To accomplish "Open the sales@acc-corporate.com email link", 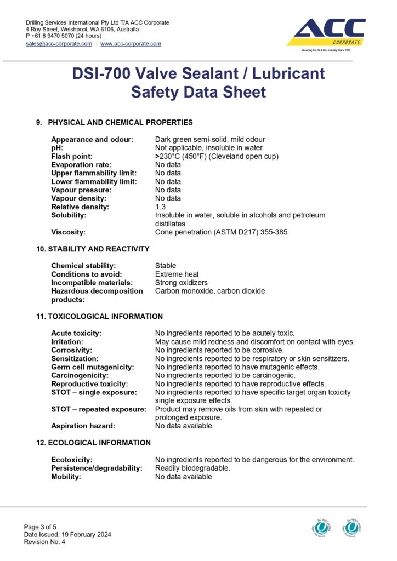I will click(x=59, y=44).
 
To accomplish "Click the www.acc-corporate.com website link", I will click(x=131, y=44).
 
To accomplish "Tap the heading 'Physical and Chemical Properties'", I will click(x=120, y=122).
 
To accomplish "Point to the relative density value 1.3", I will click(x=160, y=207).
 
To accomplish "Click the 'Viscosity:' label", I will click(x=68, y=232).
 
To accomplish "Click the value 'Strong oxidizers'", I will click(x=182, y=283).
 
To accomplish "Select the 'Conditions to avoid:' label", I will click(x=87, y=274).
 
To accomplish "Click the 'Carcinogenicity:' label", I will click(x=80, y=375).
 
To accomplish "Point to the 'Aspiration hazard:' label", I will click(x=83, y=426).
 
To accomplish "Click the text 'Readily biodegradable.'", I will click(x=192, y=468).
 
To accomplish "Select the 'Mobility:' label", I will click(x=66, y=477).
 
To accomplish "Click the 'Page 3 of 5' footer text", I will click(x=40, y=527).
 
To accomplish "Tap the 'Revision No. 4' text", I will click(x=44, y=542).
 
